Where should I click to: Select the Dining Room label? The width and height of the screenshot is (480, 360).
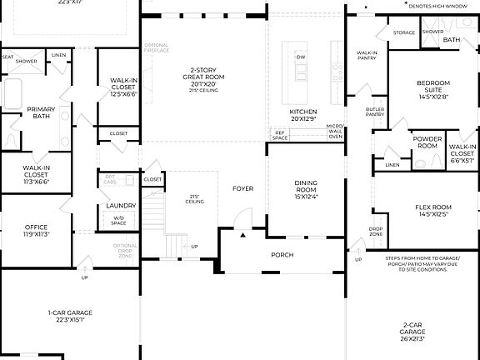(306, 189)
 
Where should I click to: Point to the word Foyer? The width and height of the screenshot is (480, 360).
(243, 188)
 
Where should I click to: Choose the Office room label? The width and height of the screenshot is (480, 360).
(36, 227)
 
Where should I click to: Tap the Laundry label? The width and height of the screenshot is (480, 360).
(121, 205)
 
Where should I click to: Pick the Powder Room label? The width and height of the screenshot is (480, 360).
(427, 142)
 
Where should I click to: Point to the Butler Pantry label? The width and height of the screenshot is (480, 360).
(374, 112)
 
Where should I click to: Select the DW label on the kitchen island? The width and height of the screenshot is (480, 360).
(302, 57)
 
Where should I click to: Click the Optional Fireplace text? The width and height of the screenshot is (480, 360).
(157, 47)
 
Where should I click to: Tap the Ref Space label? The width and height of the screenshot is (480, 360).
(280, 134)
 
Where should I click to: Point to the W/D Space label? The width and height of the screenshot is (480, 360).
(118, 220)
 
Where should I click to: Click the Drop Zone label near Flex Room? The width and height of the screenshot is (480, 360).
(377, 231)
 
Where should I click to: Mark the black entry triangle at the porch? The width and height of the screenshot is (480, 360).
(243, 236)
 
